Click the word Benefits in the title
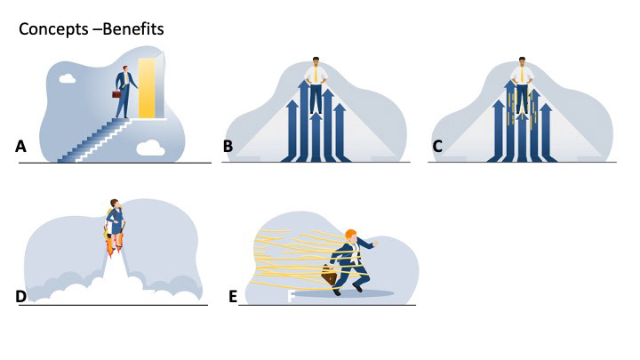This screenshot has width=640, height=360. click(132, 29)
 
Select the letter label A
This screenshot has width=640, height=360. click(20, 148)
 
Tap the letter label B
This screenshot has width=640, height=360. click(228, 148)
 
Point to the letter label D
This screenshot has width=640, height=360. click(21, 296)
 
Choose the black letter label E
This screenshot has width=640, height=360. click(233, 296)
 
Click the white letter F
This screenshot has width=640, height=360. click(291, 295)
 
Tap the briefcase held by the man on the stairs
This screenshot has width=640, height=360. click(116, 94)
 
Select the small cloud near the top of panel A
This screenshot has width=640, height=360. click(68, 80)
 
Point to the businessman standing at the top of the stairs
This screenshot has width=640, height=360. click(128, 89)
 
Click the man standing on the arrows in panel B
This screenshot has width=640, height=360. click(316, 84)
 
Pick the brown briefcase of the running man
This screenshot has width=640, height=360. click(329, 277)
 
